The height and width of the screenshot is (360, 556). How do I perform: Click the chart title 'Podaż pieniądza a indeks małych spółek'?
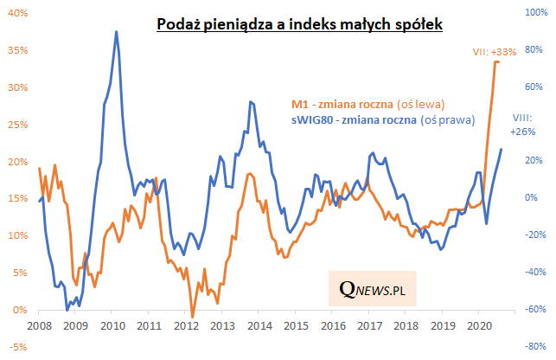point(299,25)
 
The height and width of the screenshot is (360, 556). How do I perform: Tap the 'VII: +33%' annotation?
point(494,52)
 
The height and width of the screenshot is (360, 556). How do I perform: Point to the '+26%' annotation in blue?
point(521,132)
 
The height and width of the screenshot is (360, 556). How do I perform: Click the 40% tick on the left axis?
point(18,13)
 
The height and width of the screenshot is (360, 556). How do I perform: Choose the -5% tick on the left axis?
point(18,347)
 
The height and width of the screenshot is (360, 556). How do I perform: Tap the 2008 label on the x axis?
point(39,325)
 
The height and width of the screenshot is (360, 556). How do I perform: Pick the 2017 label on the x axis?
point(369,325)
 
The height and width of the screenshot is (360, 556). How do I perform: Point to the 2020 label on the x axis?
point(479,325)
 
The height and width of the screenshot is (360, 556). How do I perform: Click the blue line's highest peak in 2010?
point(117,31)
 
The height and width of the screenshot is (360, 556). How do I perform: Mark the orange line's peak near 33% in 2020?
point(496,61)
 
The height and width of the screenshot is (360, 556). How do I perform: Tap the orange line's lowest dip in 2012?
point(192,317)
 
